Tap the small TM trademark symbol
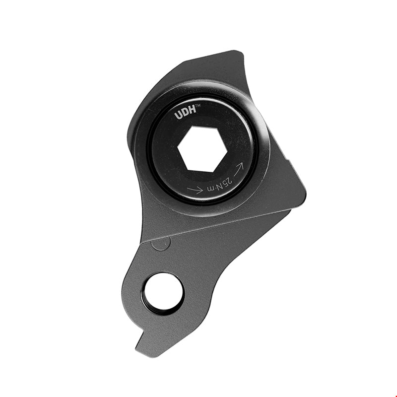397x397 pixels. tap(198, 106)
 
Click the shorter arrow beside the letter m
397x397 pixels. tap(195, 189)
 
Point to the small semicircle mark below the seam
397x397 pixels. tap(160, 243)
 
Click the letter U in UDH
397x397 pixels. tap(178, 116)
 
